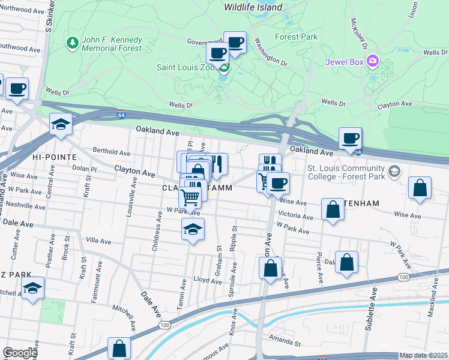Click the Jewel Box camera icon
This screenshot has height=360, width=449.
(373, 61)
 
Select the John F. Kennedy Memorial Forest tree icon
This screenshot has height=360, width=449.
(73, 43)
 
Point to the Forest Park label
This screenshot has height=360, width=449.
(296, 37)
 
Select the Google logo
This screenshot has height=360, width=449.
(19, 353)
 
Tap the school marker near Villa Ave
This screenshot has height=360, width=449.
(192, 230)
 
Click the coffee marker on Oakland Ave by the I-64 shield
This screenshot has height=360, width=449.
(351, 139)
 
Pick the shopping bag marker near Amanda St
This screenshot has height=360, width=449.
(119, 349)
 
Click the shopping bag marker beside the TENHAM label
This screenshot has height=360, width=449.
(333, 210)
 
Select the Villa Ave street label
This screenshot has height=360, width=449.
(98, 241)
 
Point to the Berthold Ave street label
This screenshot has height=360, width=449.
(111, 153)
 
